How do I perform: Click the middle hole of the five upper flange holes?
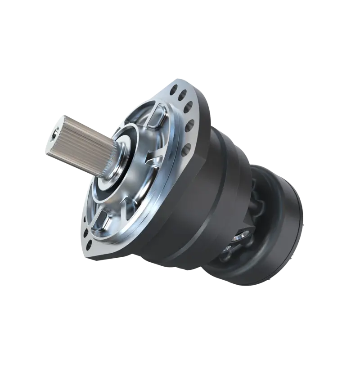tap(189, 107)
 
